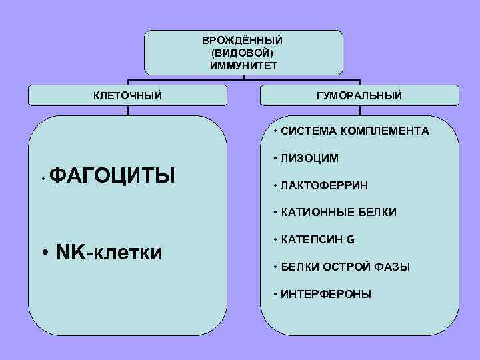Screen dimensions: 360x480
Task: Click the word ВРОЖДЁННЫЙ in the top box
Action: point(243,41)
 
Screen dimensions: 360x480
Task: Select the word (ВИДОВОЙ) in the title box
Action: point(243,53)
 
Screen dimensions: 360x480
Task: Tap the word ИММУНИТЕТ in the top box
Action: point(243,65)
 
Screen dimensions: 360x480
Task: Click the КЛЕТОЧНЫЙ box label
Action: point(127,96)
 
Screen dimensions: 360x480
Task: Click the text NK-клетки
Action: point(110,252)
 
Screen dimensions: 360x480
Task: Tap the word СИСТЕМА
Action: point(309,131)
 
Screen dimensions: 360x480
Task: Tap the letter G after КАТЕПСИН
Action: point(351,239)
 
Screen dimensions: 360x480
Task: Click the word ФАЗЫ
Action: point(393,267)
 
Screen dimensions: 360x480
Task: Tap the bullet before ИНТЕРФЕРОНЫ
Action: point(275,294)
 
